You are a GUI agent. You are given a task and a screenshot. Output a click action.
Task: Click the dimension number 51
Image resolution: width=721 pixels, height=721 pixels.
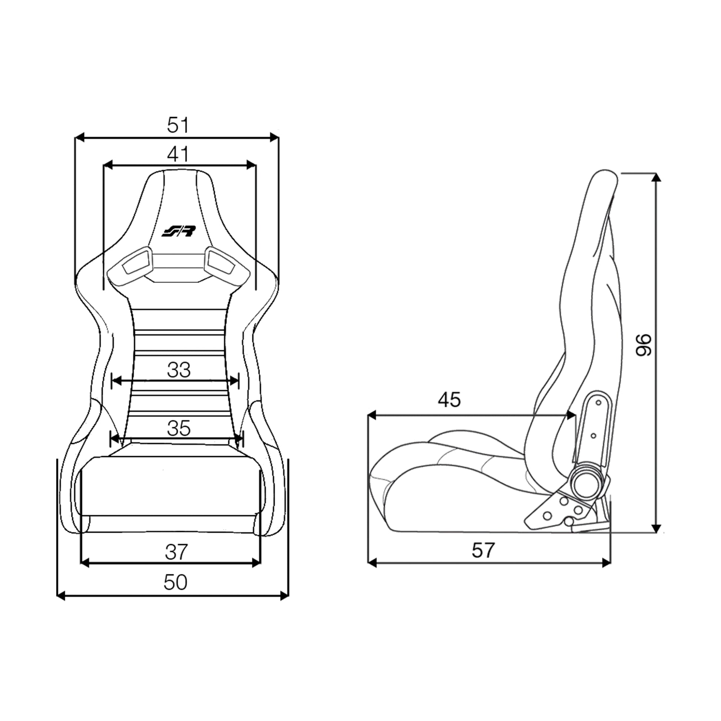(178, 125)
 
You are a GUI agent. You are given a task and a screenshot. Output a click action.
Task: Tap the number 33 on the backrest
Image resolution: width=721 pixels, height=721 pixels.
(179, 370)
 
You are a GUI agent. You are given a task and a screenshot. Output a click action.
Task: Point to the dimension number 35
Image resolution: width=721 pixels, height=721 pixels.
(179, 428)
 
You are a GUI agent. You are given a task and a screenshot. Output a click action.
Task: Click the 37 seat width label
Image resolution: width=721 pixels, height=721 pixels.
(176, 552)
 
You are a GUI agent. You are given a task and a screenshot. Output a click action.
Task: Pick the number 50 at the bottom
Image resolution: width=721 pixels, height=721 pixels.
(175, 582)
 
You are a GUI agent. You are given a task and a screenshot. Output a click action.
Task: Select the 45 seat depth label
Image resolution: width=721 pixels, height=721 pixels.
(449, 400)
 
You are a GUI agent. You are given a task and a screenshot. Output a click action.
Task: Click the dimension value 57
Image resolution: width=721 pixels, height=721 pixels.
(483, 550)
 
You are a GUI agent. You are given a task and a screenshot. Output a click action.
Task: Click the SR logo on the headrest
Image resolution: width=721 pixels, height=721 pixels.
(178, 232)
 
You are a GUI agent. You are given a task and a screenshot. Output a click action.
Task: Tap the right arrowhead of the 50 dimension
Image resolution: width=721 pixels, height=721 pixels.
(285, 596)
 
